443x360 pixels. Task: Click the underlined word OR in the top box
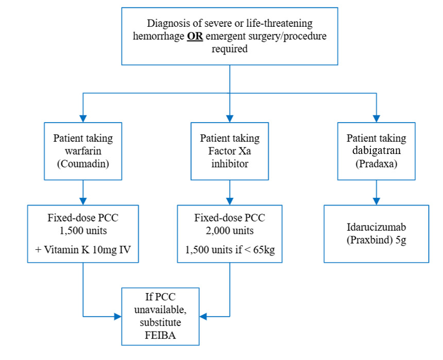(194, 37)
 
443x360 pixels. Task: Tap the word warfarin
(83, 151)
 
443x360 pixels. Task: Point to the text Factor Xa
(230, 151)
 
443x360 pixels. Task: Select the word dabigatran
(376, 151)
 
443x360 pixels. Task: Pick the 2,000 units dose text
(229, 231)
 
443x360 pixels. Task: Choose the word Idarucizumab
(376, 228)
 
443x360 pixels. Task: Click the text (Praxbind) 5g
(376, 241)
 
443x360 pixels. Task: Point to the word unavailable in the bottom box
(160, 309)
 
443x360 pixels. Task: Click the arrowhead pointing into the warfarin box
(83, 118)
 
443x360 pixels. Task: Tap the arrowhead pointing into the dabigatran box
(377, 118)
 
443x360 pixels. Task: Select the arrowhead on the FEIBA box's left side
(117, 316)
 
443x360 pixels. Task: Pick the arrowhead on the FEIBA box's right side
(203, 316)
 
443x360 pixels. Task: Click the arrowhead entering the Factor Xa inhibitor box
(230, 118)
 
